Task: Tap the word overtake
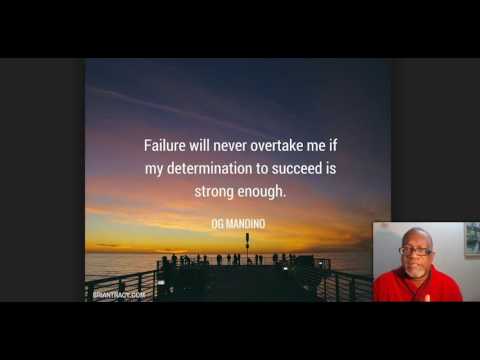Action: coord(272,145)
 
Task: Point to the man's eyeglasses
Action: coord(413,250)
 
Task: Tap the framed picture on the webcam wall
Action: coord(471,240)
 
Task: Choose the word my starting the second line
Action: coord(153,169)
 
